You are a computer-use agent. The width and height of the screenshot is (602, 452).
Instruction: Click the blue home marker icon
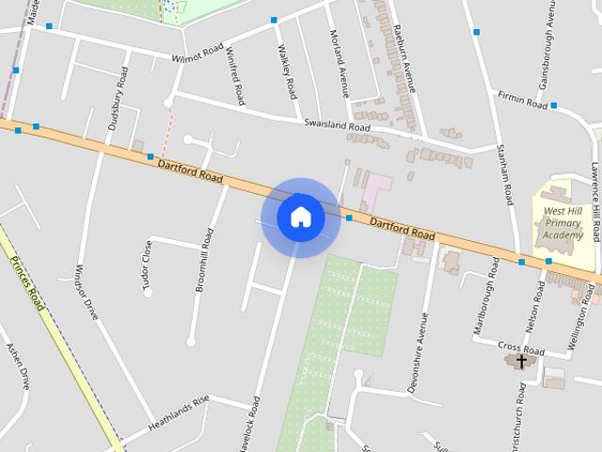point(301,217)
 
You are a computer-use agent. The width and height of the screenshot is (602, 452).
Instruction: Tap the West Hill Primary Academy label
point(565,224)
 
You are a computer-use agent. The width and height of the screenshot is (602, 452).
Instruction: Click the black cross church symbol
point(521,361)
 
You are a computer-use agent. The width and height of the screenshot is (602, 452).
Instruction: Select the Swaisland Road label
point(337,124)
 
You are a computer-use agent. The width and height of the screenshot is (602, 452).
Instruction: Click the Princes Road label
point(26,283)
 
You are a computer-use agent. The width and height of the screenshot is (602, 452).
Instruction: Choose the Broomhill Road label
point(205,246)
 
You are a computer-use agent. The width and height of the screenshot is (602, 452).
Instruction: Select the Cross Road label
point(515,347)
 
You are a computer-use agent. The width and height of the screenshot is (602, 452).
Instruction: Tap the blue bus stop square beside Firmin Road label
point(554,105)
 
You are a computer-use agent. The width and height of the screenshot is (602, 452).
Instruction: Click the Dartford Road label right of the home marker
point(403,228)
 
